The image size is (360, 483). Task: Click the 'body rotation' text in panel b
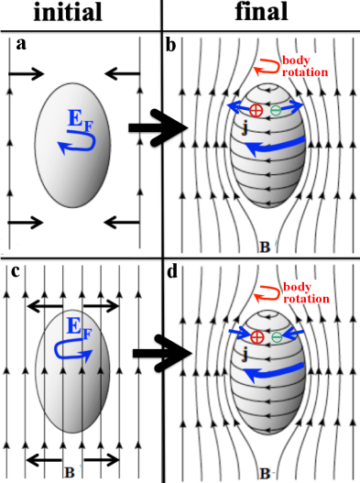306,66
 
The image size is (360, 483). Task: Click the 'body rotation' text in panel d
306,294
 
